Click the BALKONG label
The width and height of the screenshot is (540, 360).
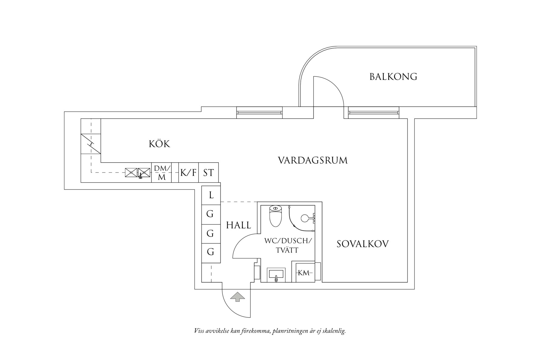(393, 76)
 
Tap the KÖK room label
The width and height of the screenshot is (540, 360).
(160, 144)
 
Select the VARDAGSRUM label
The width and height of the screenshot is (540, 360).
(313, 160)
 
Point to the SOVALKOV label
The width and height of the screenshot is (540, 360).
(363, 244)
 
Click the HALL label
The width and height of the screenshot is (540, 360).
(239, 225)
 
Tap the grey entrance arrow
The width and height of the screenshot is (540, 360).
(237, 297)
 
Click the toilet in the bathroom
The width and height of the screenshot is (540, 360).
(276, 216)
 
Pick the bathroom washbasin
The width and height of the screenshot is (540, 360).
(276, 274)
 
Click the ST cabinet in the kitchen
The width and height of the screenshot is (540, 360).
(208, 173)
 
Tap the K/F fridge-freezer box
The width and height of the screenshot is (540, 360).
(188, 173)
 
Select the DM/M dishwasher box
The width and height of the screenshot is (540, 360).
(162, 173)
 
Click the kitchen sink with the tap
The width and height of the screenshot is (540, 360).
(144, 173)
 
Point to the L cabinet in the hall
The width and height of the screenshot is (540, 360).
(211, 195)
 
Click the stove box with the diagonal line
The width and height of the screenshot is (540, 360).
(91, 144)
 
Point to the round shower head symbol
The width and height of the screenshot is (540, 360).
(305, 218)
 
